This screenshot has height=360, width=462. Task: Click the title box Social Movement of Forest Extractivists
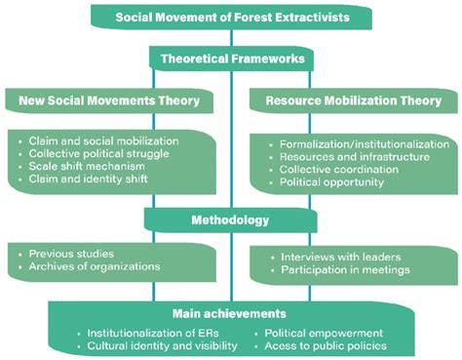[x=230, y=17]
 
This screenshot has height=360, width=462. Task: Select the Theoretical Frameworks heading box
[x=230, y=60]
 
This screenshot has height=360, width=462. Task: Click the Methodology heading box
[x=230, y=220]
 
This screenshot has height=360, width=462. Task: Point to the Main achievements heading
[x=230, y=314]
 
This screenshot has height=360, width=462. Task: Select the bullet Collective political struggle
[x=97, y=154]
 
